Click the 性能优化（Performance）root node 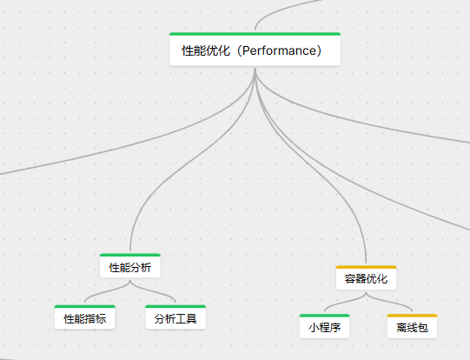255,50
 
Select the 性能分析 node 130,266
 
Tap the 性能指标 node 85,317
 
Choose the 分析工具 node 175,317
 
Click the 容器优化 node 366,277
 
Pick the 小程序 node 325,326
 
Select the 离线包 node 412,326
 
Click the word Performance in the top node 279,50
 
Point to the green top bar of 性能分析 130,255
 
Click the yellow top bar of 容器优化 366,267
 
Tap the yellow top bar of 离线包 412,316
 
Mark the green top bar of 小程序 325,316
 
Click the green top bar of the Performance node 255,34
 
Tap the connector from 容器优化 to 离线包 388,301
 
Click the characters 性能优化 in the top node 206,50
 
